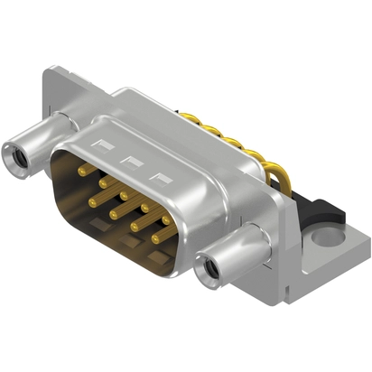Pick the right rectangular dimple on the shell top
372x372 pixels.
click(163, 177)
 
